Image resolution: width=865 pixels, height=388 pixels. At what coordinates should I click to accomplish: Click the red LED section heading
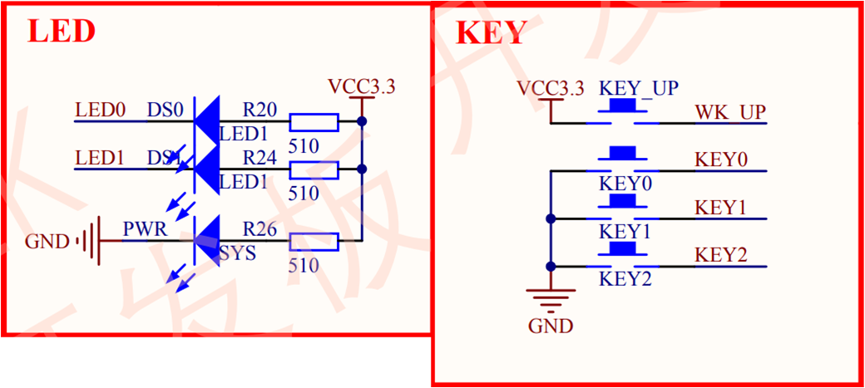[x=62, y=32]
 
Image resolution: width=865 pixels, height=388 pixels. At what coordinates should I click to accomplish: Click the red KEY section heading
[x=491, y=33]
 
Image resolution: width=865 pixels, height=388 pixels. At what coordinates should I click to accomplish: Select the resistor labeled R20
[x=314, y=123]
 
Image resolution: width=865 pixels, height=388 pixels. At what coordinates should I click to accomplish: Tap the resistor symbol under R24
[x=314, y=170]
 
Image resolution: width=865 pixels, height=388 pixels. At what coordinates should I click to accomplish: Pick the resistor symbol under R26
[x=314, y=242]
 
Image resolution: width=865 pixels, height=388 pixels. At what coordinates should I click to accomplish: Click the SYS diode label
[x=238, y=253]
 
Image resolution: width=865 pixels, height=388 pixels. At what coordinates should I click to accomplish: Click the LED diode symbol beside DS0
[x=206, y=122]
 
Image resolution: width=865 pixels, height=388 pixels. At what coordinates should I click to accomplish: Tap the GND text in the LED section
[x=48, y=243]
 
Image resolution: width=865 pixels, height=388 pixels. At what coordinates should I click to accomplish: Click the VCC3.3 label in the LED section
[x=361, y=86]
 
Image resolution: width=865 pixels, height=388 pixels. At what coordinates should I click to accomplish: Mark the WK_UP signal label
[x=730, y=111]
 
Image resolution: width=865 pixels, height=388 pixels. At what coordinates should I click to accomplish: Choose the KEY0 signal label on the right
[x=721, y=160]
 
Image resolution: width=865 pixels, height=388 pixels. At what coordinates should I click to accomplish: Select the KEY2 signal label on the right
[x=721, y=254]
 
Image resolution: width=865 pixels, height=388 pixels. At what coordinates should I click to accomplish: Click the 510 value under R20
[x=304, y=145]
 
